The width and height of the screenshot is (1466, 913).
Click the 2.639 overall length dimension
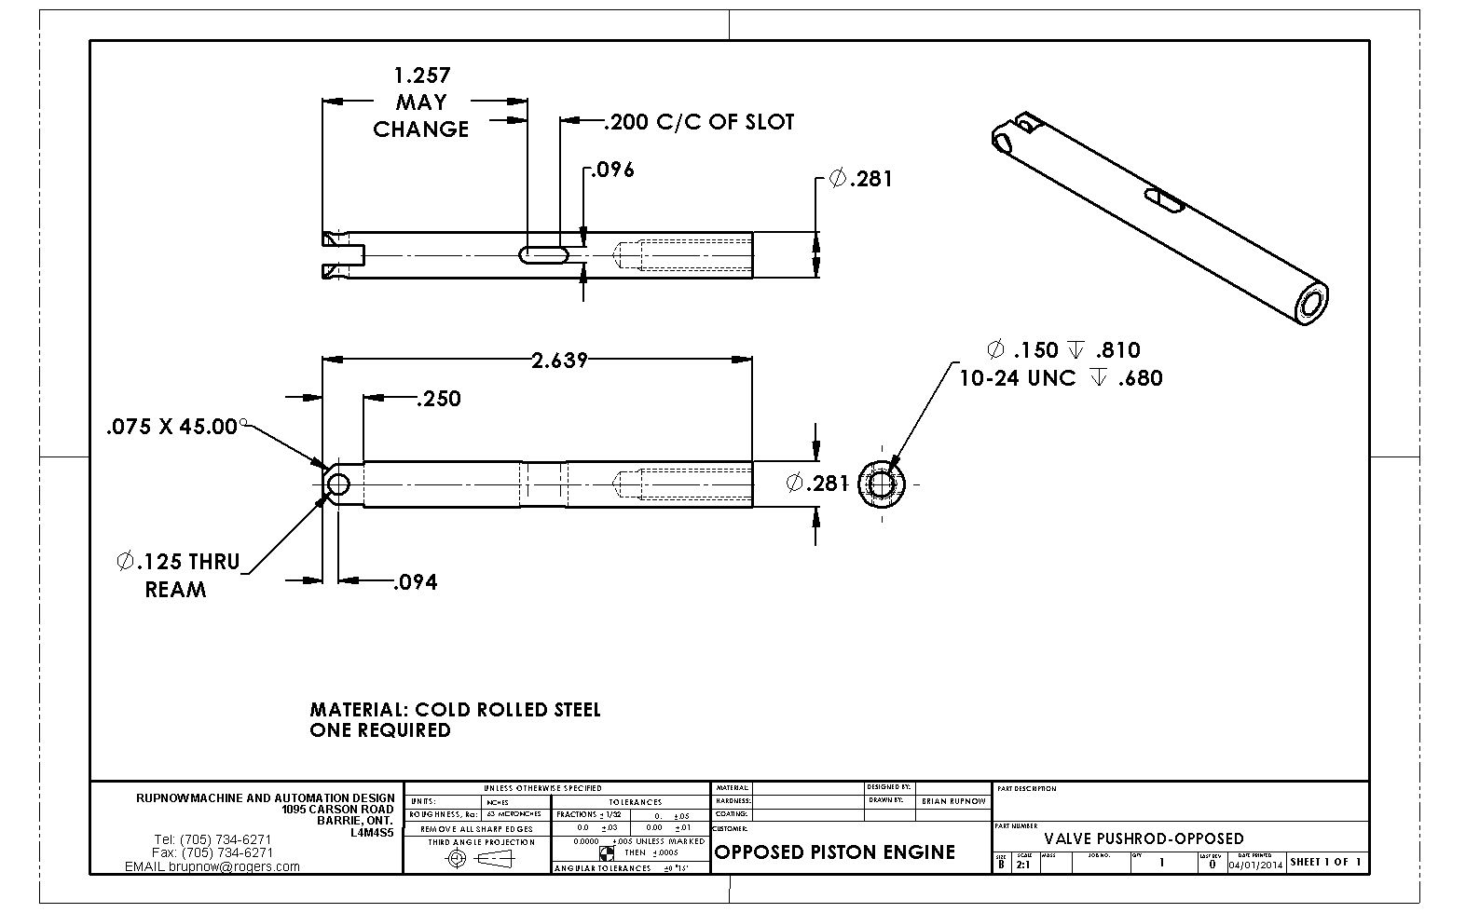tap(559, 361)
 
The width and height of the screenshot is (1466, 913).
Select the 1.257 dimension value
tap(422, 75)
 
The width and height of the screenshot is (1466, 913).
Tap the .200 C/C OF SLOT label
tap(699, 122)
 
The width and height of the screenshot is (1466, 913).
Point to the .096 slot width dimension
tap(614, 170)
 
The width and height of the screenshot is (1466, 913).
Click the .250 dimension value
tap(439, 399)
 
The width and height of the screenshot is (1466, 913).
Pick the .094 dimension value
tap(415, 582)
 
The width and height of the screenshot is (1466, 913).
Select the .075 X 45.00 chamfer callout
tap(172, 427)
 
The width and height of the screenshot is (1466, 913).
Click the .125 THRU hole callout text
tap(178, 562)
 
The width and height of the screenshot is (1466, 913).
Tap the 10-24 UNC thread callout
tap(1061, 378)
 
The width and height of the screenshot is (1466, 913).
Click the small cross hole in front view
tap(337, 484)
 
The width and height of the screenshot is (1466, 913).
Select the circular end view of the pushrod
tap(883, 484)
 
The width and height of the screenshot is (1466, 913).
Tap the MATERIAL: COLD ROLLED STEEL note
tap(455, 710)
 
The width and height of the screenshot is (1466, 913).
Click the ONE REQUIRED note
tap(380, 730)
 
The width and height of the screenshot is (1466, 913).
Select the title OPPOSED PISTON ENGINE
tap(834, 852)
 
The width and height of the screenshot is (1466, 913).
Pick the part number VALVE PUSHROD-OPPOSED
tap(1144, 838)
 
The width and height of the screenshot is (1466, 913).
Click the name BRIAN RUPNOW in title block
tap(952, 801)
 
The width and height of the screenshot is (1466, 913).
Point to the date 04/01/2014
tap(1255, 864)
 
